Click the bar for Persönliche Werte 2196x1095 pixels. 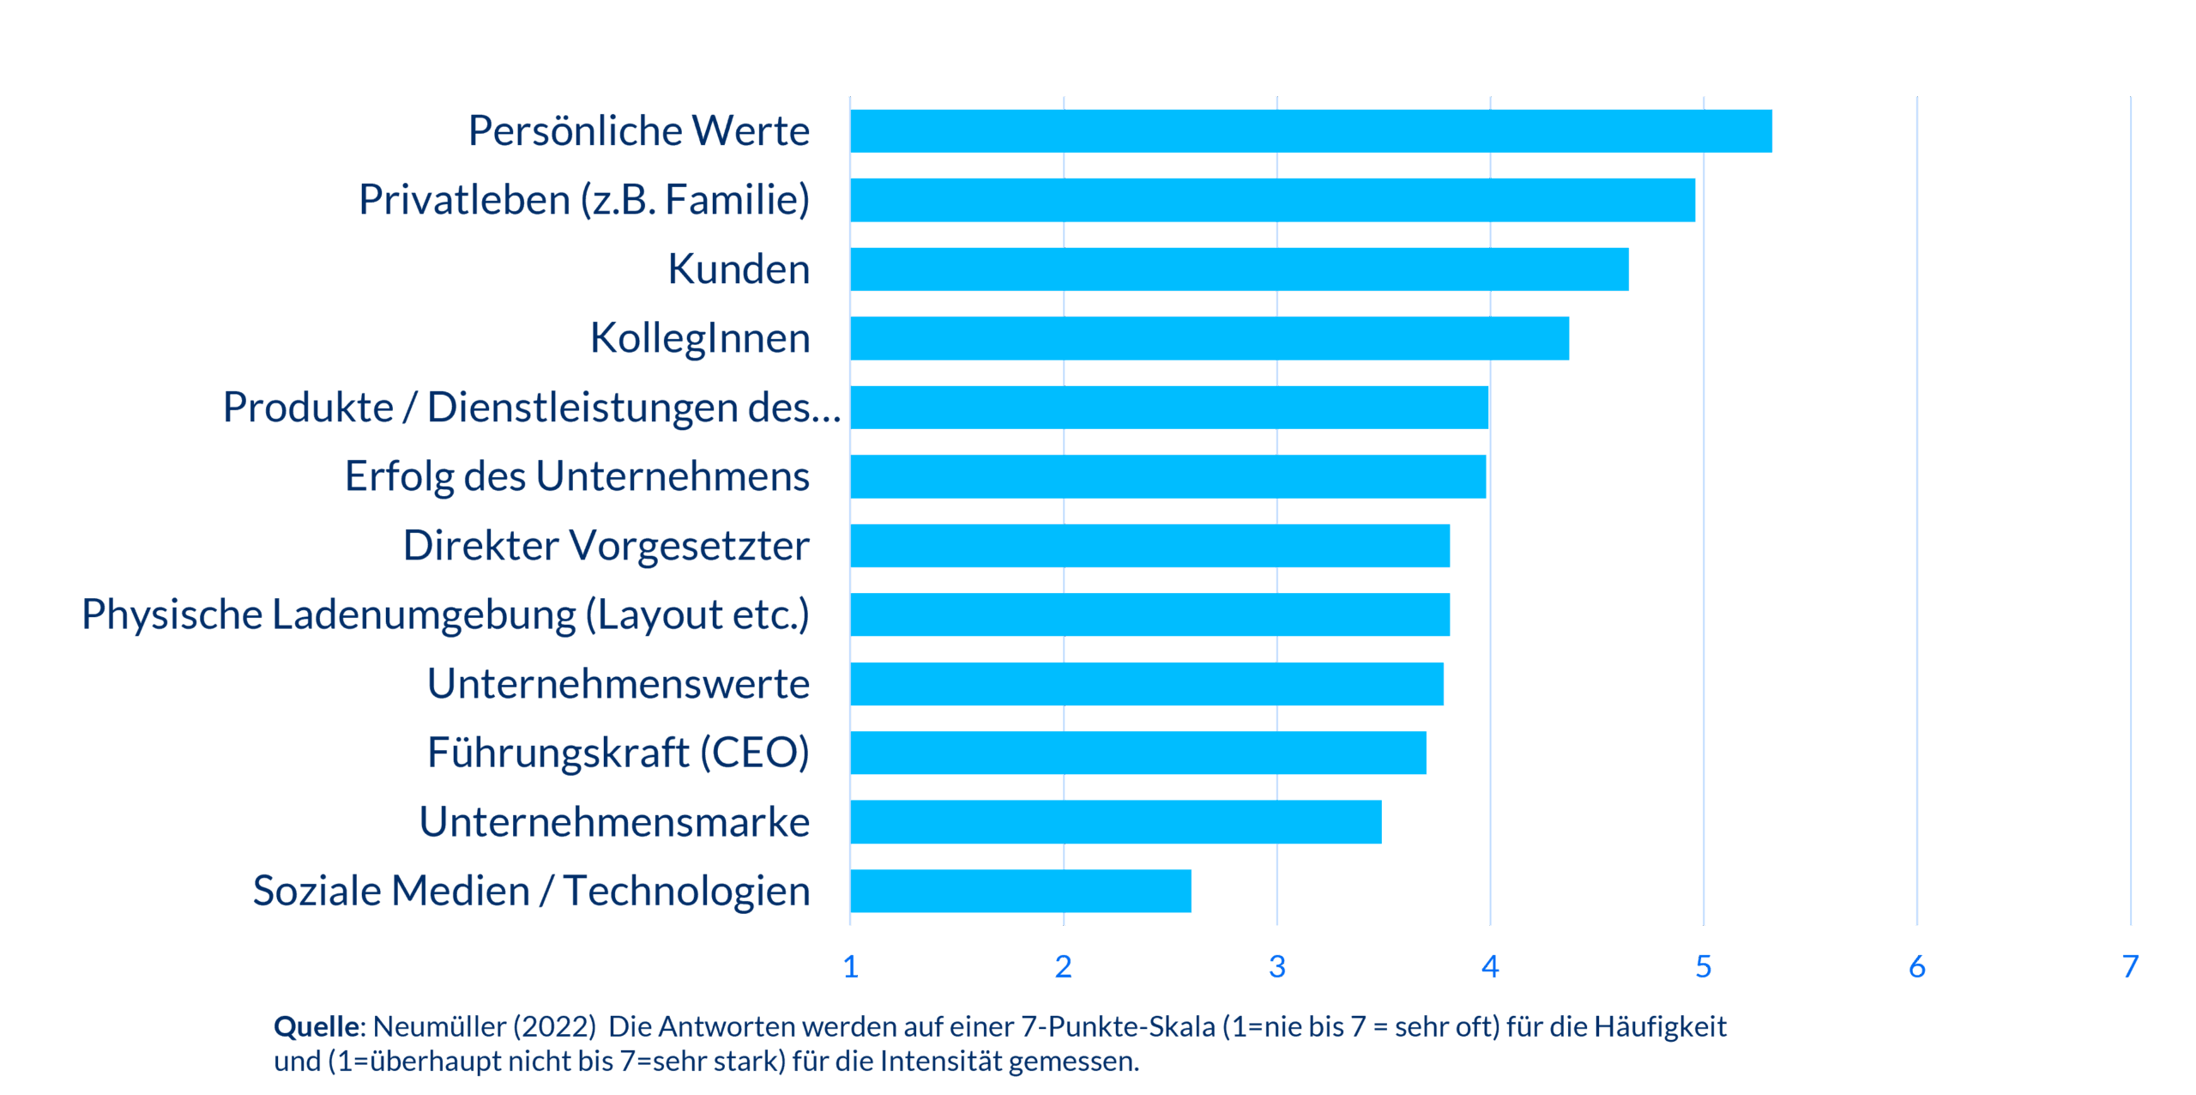(x=1311, y=130)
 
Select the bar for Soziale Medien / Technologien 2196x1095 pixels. (x=1021, y=891)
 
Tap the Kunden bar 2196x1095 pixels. (x=1240, y=269)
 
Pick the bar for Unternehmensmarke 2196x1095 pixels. (x=1115, y=822)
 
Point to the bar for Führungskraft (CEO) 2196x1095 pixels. (x=1138, y=753)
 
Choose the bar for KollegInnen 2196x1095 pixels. (x=1210, y=338)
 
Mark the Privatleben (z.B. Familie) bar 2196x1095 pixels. (x=1273, y=200)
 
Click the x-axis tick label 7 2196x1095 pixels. (x=2130, y=967)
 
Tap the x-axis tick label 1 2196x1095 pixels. (x=850, y=967)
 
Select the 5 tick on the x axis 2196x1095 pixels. (x=1704, y=967)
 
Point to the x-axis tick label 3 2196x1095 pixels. (x=1276, y=967)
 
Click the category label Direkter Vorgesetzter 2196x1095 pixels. (x=606, y=546)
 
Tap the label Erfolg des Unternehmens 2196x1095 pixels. (x=576, y=476)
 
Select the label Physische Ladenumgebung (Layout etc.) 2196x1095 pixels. (x=445, y=615)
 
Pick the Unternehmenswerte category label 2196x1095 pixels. (x=618, y=684)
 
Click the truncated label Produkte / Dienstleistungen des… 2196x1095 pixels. (x=532, y=408)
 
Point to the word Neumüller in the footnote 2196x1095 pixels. (x=439, y=1026)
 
